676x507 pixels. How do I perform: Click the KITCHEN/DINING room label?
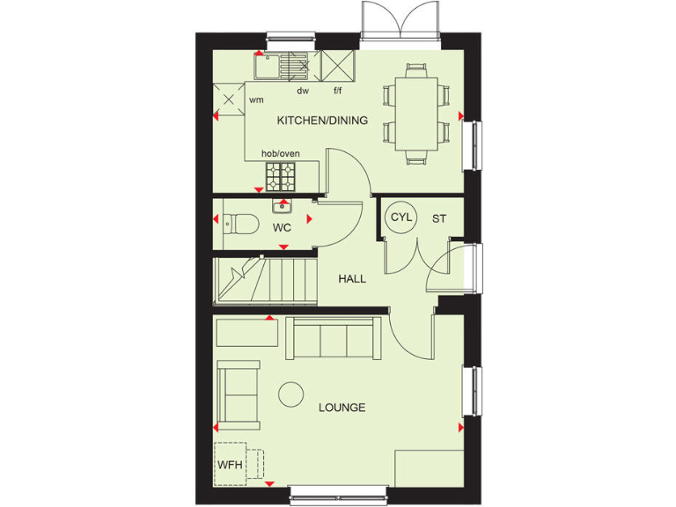pos(322,121)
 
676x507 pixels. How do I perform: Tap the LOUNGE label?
pos(342,408)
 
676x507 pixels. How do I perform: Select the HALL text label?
pos(352,279)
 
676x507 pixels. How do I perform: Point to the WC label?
pos(282,227)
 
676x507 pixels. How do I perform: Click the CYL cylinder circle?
pos(401,217)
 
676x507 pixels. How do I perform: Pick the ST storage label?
pos(438,217)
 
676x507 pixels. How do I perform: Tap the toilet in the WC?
pos(239,224)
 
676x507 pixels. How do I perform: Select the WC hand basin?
pos(282,207)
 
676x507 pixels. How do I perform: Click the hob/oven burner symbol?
pos(283,176)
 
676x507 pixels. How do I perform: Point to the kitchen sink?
pos(280,64)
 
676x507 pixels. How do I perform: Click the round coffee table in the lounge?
pos(291,394)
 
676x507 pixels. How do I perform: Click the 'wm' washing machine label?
pos(256,100)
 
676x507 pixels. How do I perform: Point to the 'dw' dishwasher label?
pos(303,91)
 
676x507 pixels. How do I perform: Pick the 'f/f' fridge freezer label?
pos(337,91)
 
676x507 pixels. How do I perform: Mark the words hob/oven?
pos(281,154)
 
